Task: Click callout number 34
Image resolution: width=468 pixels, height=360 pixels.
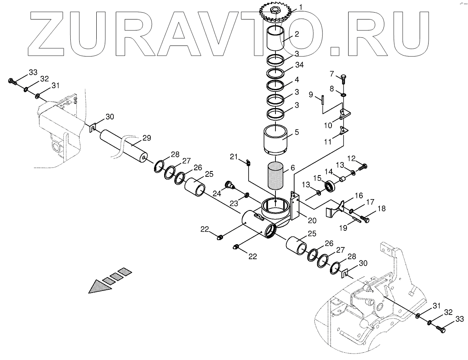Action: click(299, 65)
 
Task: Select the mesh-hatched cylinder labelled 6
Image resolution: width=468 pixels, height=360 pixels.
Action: click(276, 175)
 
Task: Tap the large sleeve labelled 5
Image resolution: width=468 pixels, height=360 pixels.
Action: click(276, 140)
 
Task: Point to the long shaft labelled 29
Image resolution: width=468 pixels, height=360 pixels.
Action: click(124, 145)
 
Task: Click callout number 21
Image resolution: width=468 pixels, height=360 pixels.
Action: click(234, 157)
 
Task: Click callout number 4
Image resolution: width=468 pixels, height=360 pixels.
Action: click(297, 79)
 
